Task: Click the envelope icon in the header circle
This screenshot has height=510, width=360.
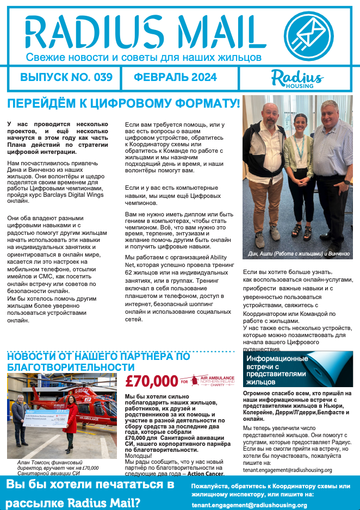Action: (x=309, y=35)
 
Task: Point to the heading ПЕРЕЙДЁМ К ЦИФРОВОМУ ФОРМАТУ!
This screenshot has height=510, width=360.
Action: (x=123, y=103)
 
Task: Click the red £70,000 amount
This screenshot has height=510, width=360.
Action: (x=151, y=381)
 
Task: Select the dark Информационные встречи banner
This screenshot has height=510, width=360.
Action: (x=297, y=368)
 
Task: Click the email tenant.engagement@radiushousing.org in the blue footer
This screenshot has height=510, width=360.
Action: (x=249, y=505)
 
